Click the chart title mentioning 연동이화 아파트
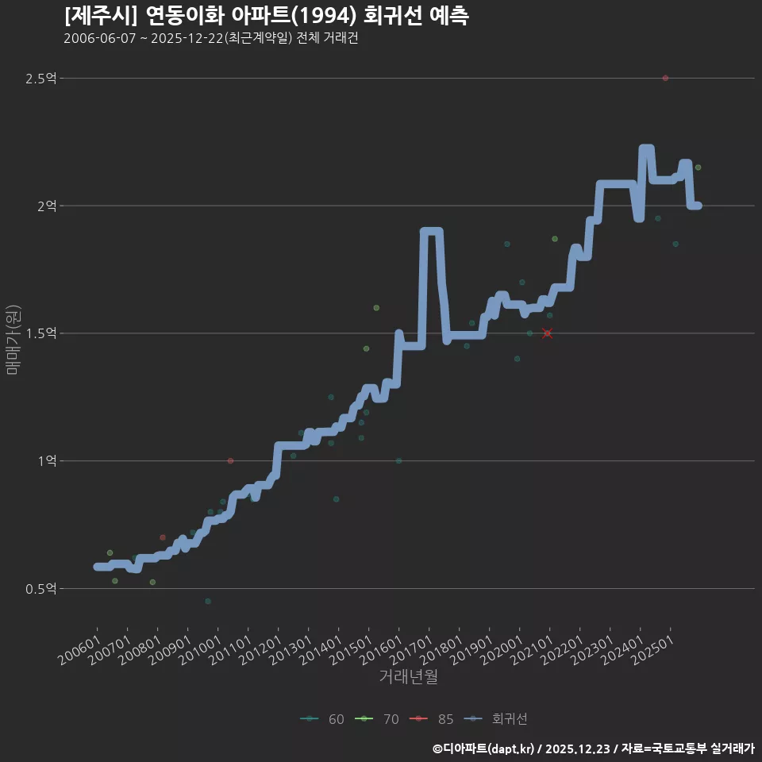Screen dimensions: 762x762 pyautogui.click(x=266, y=16)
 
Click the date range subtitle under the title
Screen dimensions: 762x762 pyautogui.click(x=211, y=38)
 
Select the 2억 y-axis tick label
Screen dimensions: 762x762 pyautogui.click(x=47, y=206)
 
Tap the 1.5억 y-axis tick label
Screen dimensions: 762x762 pyautogui.click(x=41, y=333)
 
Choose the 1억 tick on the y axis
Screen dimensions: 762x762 pyautogui.click(x=47, y=460)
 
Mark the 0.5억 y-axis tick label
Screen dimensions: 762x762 pyautogui.click(x=41, y=588)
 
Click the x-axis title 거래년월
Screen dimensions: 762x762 pyautogui.click(x=408, y=677)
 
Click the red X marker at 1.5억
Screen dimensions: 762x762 pyautogui.click(x=547, y=333)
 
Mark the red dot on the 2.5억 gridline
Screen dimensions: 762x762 pyautogui.click(x=665, y=78)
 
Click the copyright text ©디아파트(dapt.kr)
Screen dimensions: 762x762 pyautogui.click(x=485, y=748)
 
